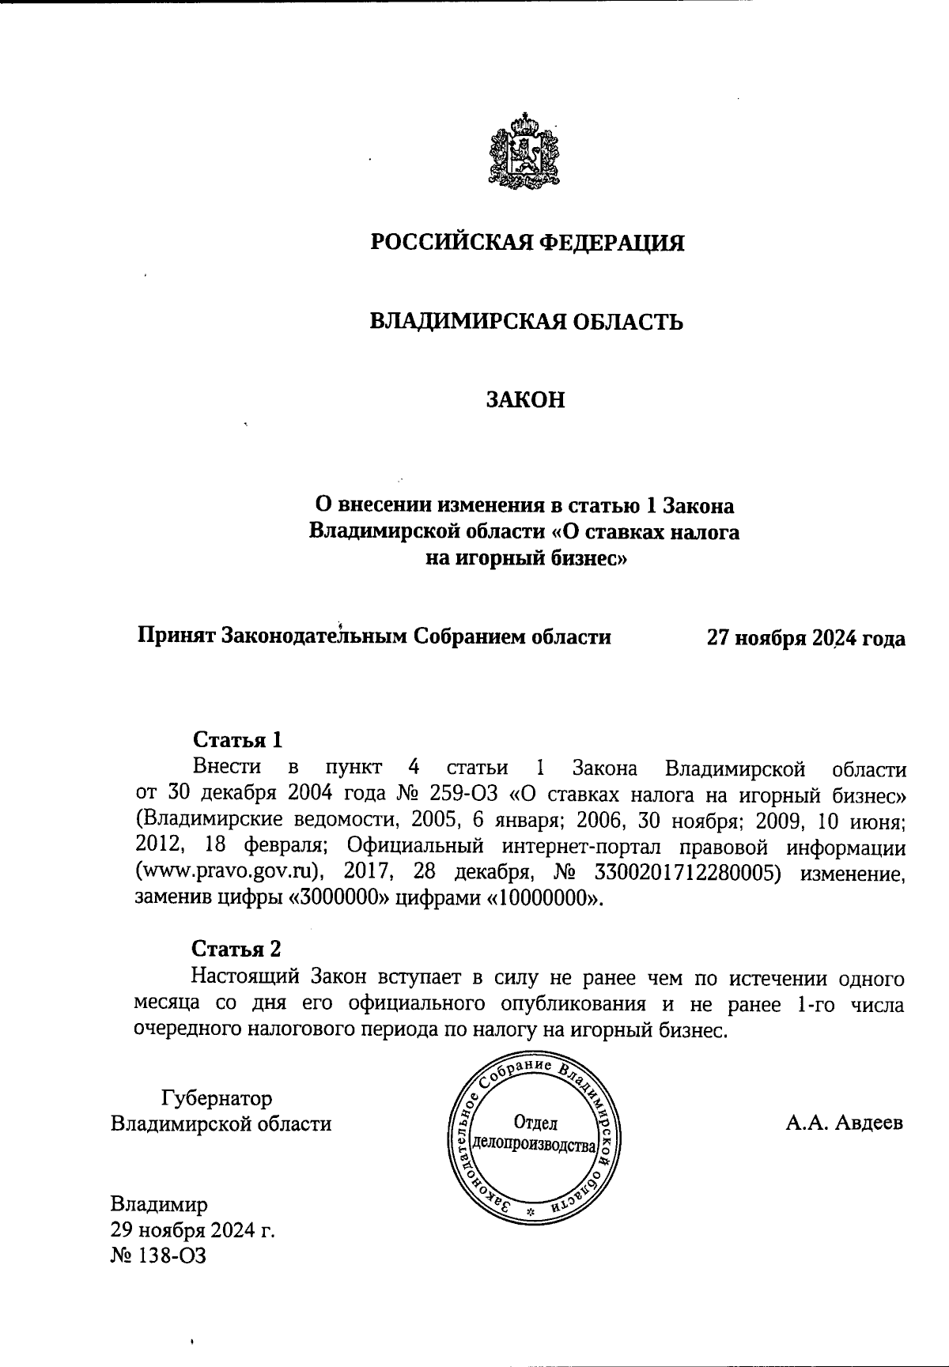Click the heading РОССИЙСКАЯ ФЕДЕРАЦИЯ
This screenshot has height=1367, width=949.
(527, 242)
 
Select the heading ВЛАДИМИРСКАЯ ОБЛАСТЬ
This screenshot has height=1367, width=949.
(527, 322)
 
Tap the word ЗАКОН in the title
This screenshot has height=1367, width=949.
(526, 400)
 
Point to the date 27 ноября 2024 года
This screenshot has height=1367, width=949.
(806, 638)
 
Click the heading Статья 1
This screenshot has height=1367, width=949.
(237, 740)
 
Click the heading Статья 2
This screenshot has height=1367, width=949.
(236, 949)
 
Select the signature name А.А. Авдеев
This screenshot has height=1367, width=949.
(844, 1123)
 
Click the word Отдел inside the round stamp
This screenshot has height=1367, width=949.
(535, 1123)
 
